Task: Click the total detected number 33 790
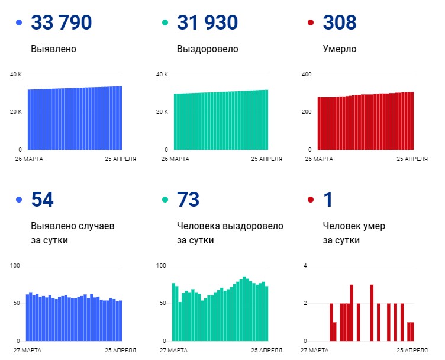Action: pos(62,22)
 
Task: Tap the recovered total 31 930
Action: pos(207,22)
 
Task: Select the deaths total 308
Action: pos(340,22)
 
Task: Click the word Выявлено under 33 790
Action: pos(53,49)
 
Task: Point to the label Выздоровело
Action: pos(208,49)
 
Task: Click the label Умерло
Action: pos(340,49)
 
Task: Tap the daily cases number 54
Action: pos(42,200)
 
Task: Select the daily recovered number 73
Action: pos(188,200)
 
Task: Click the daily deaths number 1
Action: pos(328,200)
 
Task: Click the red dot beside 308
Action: pos(311,22)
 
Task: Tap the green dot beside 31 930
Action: pos(165,22)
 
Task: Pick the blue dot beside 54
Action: pos(19,200)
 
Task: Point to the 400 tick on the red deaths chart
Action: pos(307,75)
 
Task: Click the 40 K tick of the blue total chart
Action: pos(15,75)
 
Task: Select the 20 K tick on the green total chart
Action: pos(162,112)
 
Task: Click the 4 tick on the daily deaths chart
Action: pos(305,266)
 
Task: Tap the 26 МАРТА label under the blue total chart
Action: pos(29,159)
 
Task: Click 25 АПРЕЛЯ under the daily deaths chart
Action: pos(412,351)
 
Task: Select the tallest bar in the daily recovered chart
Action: pos(244,308)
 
